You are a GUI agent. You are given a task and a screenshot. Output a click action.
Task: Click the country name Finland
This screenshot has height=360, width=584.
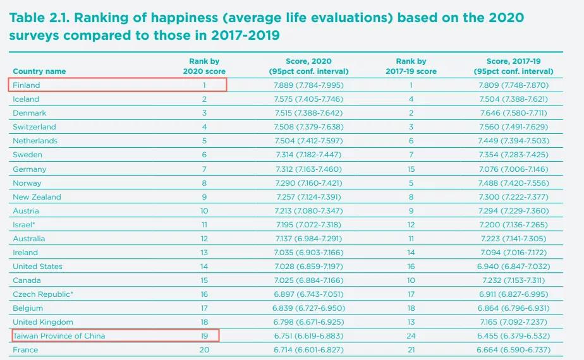pyautogui.click(x=27, y=85)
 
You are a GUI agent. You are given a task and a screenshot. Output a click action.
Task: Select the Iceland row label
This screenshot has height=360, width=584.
pyautogui.click(x=26, y=99)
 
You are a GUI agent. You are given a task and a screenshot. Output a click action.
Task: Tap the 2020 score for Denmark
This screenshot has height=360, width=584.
pyautogui.click(x=317, y=113)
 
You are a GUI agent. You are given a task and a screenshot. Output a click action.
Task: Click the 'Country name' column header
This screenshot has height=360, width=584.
pyautogui.click(x=39, y=71)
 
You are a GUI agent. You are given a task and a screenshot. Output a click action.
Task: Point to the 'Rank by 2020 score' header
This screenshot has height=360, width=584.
pyautogui.click(x=204, y=66)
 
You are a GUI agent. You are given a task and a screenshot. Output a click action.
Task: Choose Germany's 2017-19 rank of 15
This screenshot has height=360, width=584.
pyautogui.click(x=411, y=169)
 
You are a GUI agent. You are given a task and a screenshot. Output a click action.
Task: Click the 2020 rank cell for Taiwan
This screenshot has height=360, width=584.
pyautogui.click(x=204, y=336)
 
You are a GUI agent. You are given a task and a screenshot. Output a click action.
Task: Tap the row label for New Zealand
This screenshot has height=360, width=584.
pyautogui.click(x=37, y=197)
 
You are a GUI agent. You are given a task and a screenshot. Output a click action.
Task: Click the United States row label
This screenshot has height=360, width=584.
pyautogui.click(x=37, y=267)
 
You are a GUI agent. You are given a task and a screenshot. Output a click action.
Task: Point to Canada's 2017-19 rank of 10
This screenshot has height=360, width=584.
pyautogui.click(x=411, y=280)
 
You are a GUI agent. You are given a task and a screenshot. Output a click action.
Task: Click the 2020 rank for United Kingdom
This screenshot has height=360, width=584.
pyautogui.click(x=204, y=322)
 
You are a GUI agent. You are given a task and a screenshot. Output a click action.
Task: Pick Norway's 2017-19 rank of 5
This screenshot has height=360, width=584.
pyautogui.click(x=411, y=183)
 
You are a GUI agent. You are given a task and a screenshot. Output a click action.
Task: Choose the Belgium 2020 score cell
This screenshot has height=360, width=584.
pyautogui.click(x=317, y=308)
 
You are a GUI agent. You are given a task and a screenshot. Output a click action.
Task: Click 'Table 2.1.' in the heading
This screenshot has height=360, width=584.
pyautogui.click(x=40, y=18)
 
